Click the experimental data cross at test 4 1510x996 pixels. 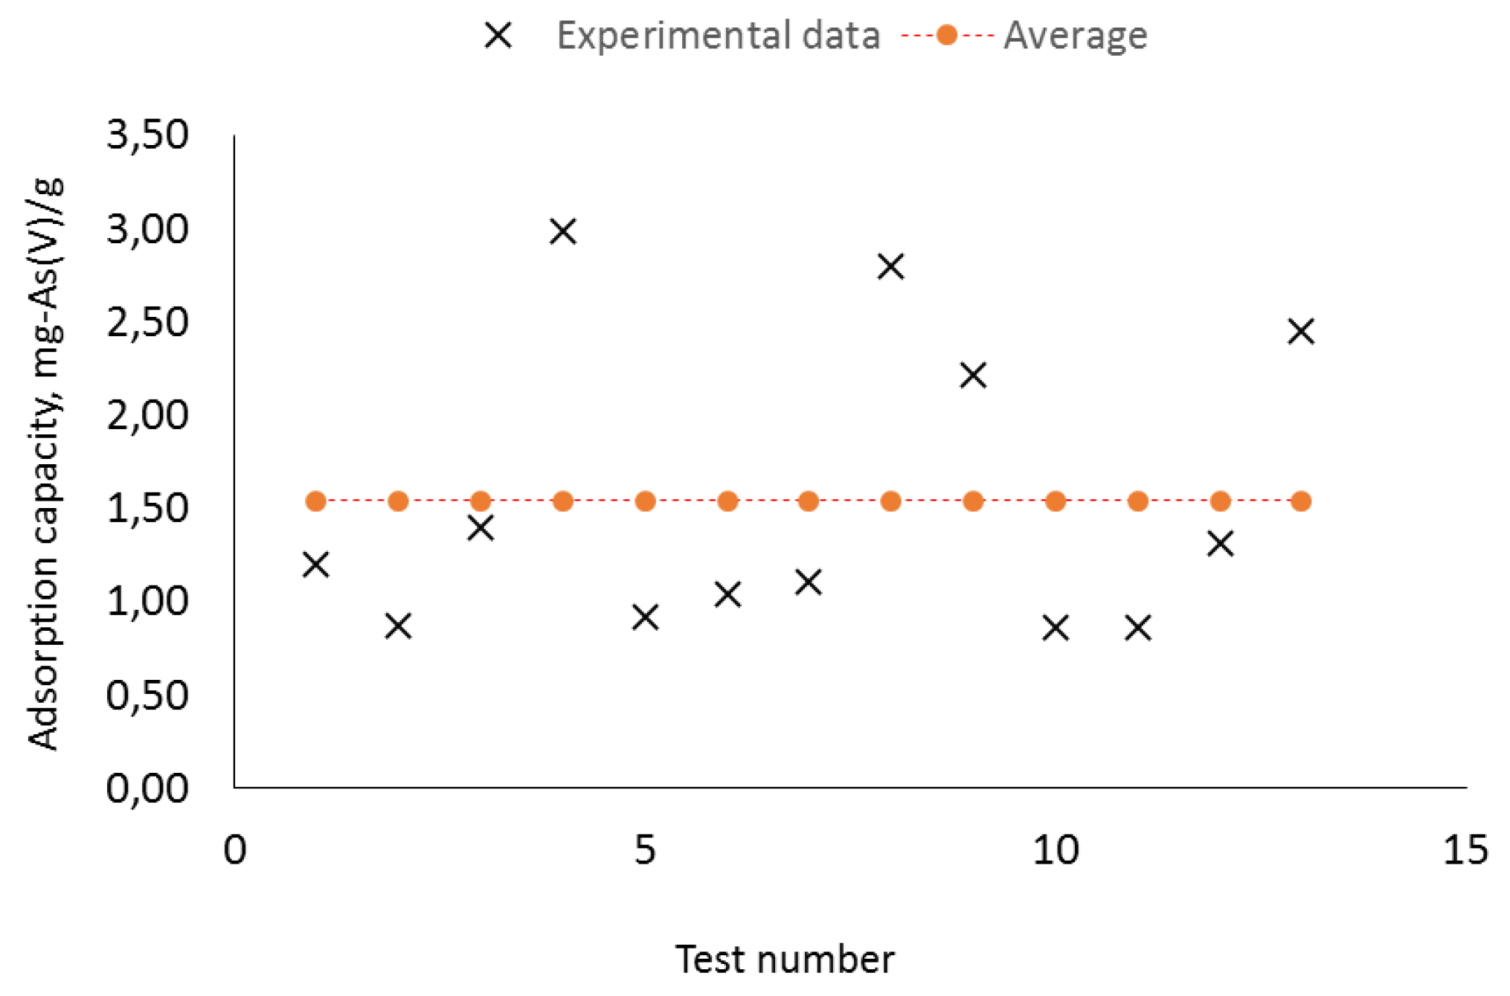point(563,231)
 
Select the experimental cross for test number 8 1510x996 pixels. point(890,266)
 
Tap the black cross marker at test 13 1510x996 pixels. point(1301,331)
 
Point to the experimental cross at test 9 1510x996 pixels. point(973,375)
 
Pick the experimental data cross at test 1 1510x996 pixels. point(316,565)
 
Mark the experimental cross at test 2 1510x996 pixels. point(399,626)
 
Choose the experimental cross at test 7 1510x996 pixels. point(809,582)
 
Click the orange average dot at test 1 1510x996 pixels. point(316,501)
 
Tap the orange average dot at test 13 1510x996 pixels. point(1301,501)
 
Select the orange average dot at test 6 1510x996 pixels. point(727,501)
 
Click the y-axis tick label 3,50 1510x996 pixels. point(147,135)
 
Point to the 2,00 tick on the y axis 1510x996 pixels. point(147,415)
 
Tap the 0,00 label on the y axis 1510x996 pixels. point(147,788)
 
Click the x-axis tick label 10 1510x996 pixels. point(1055,849)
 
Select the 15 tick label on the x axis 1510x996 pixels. point(1465,849)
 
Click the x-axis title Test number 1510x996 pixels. point(784,960)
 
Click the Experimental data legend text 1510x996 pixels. point(718,36)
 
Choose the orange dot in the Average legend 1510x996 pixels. point(947,35)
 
